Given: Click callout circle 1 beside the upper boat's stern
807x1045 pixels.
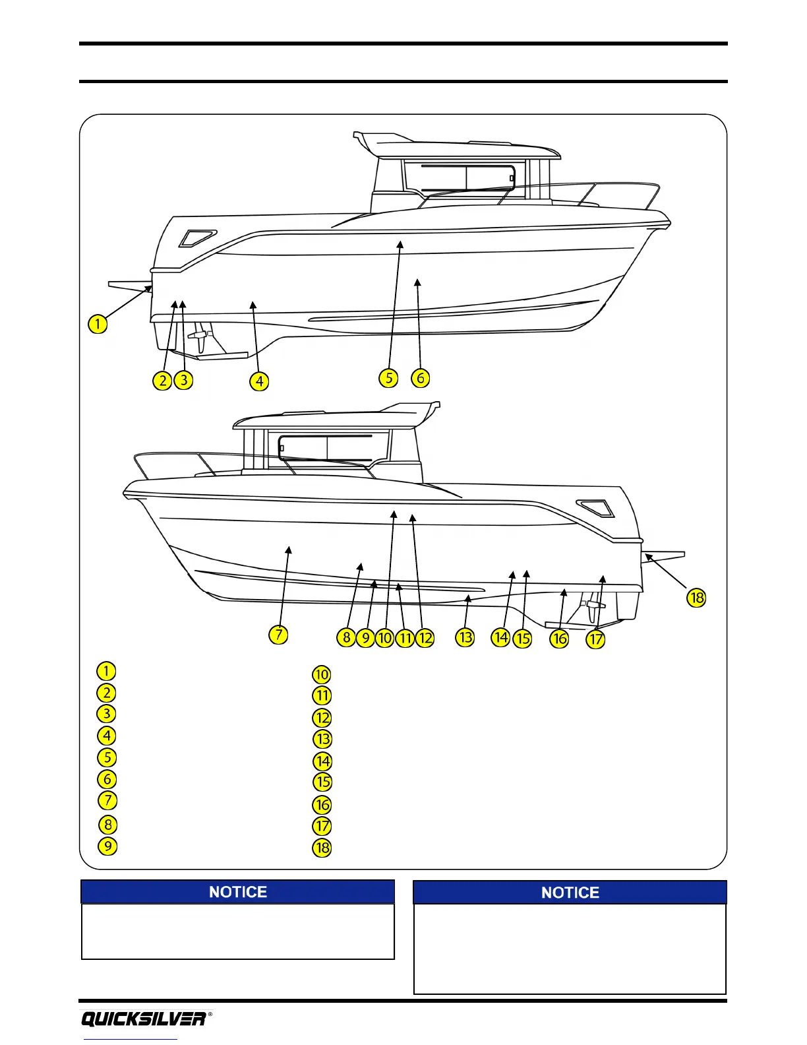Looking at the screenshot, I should (98, 323).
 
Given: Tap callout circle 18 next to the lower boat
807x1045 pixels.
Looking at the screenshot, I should (696, 598).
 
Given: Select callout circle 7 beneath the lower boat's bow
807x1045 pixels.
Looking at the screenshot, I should (279, 635).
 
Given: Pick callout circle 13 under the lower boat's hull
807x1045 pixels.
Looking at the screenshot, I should (465, 637).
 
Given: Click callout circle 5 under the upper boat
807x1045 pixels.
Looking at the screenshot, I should (389, 378).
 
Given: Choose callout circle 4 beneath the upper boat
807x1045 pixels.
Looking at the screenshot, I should (260, 381).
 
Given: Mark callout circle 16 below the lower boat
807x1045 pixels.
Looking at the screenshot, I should (559, 638).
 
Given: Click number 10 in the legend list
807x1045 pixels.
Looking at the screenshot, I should (322, 674).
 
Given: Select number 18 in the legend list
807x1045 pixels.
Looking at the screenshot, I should (322, 848).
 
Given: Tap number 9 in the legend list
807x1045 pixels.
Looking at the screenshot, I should (107, 846).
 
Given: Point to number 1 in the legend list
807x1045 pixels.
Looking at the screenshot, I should (106, 671).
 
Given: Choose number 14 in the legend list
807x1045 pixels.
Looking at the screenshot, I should (322, 761).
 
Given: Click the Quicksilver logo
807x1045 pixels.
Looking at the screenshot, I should (143, 1019).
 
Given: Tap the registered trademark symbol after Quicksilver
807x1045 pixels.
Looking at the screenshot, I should (210, 1015).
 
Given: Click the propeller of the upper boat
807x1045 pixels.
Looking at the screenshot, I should (200, 338).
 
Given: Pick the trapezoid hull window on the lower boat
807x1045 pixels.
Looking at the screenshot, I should (595, 509).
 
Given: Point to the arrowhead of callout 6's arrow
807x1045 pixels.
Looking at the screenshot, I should (417, 282).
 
